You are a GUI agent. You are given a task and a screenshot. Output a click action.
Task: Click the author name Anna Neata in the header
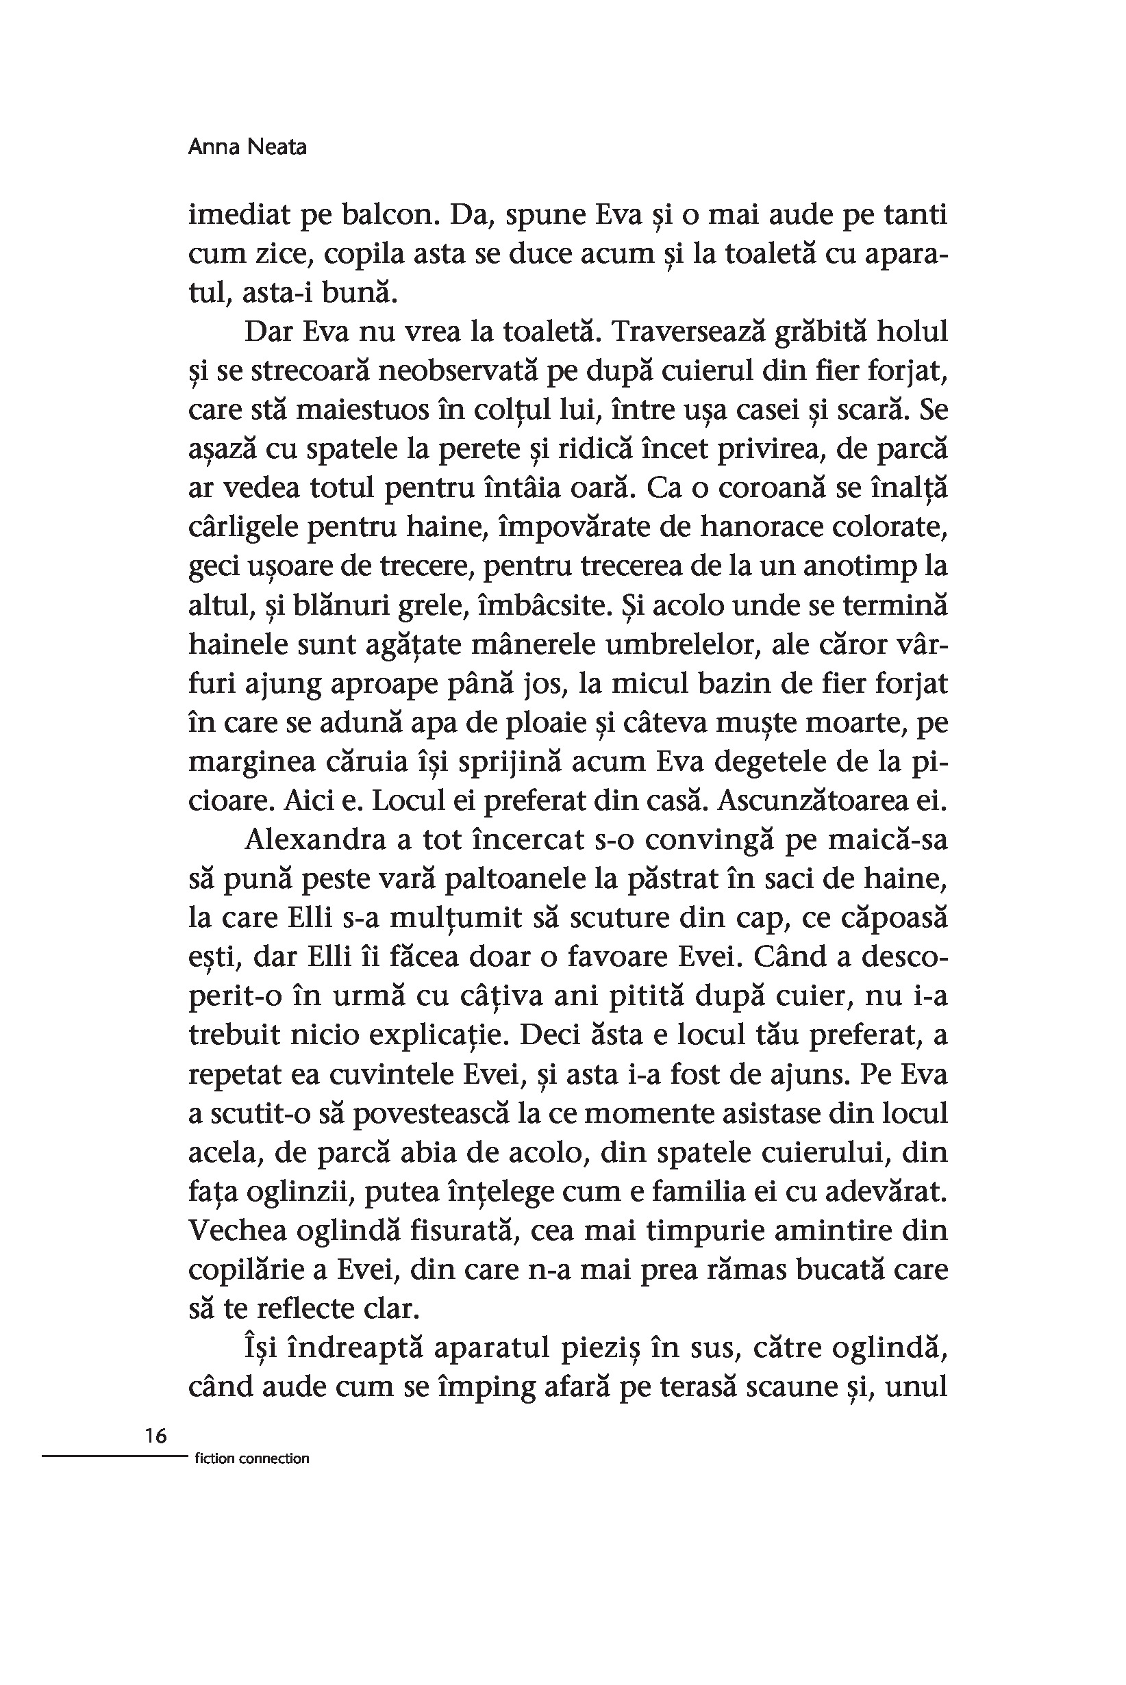[247, 147]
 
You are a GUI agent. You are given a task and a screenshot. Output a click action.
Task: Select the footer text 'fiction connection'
[251, 1458]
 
